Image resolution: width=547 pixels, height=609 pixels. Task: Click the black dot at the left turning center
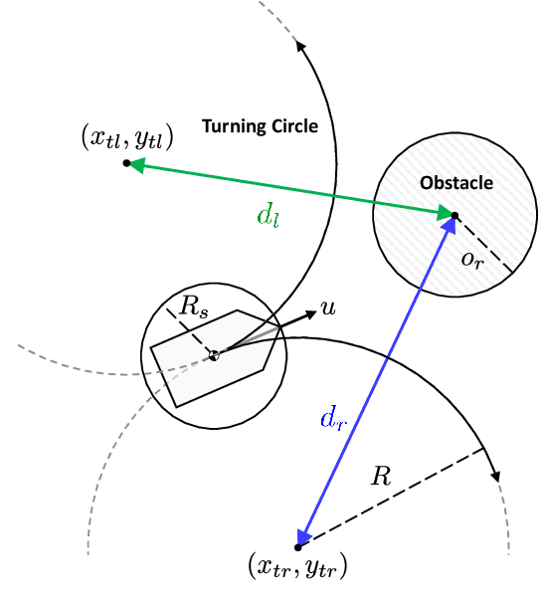click(126, 163)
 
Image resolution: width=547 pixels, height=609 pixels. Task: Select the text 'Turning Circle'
click(260, 125)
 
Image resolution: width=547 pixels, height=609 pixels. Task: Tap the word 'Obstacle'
click(456, 183)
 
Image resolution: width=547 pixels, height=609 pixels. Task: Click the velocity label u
click(328, 310)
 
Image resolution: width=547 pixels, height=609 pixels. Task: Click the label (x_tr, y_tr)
click(296, 569)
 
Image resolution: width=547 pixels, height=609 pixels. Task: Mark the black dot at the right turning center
click(297, 547)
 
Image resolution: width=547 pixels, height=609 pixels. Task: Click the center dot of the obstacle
click(455, 215)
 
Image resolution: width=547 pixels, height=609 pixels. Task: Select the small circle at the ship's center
click(213, 354)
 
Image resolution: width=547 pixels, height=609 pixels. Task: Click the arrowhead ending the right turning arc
click(494, 474)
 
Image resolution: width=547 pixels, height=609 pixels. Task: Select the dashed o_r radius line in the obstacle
click(483, 244)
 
